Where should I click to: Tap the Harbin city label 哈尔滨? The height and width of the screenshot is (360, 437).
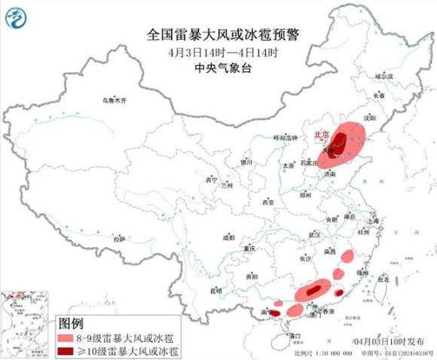(385, 76)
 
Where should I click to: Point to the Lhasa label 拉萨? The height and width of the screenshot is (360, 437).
(118, 239)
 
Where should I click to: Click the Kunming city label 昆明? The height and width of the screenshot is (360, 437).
(216, 290)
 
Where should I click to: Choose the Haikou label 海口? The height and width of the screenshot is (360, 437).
(295, 336)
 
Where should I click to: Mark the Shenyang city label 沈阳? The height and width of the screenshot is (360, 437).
(389, 118)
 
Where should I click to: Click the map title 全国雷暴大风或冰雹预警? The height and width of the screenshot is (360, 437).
(222, 35)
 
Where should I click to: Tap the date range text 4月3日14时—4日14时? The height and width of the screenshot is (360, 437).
(223, 52)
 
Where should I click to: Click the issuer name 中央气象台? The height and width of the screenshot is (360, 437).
(222, 68)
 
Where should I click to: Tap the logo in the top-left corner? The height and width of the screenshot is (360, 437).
(17, 17)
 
